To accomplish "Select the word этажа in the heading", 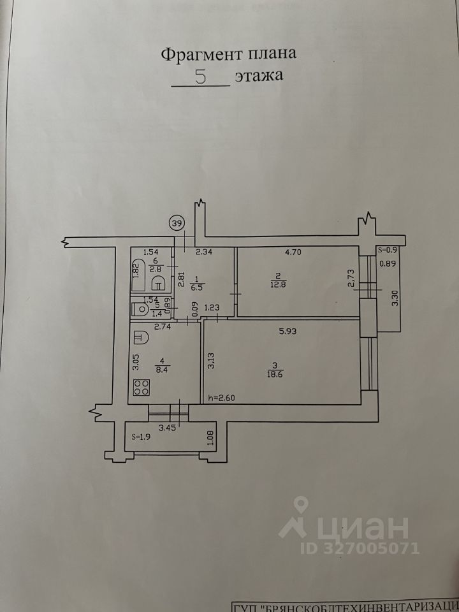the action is (x=258, y=76).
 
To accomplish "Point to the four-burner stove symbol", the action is (x=142, y=387).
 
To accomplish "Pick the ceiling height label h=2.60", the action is (x=222, y=398).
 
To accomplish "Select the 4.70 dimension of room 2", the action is (x=293, y=252).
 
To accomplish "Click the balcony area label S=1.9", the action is (x=142, y=438).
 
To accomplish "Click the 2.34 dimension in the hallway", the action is (x=203, y=252).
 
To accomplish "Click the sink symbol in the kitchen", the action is (x=140, y=335).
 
